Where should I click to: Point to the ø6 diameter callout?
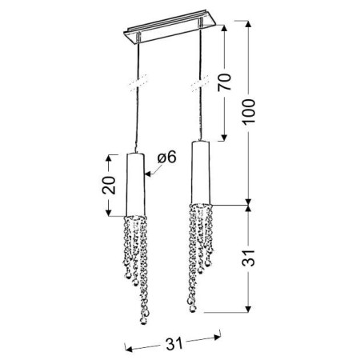click(167, 158)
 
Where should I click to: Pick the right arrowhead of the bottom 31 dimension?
click(222, 336)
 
